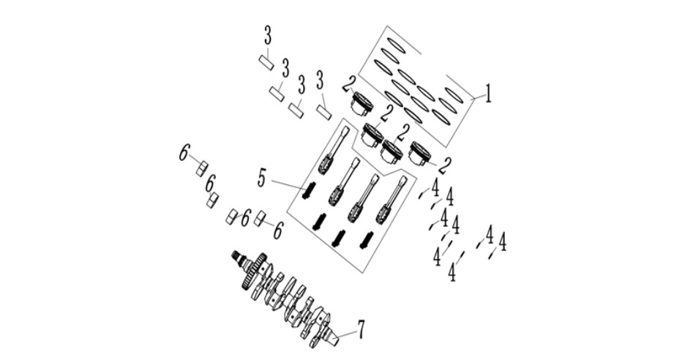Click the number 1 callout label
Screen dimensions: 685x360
(x=488, y=94)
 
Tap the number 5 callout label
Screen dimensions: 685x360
(x=262, y=179)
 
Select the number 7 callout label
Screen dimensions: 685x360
(x=361, y=329)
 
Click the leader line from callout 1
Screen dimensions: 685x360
(x=478, y=99)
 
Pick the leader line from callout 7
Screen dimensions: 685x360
(x=345, y=336)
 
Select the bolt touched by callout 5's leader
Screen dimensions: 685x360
(x=308, y=192)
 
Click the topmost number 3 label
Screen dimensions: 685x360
(x=267, y=37)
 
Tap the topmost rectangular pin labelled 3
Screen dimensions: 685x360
(x=266, y=62)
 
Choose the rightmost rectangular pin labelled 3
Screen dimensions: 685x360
(x=324, y=113)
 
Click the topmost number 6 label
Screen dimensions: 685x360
(x=184, y=154)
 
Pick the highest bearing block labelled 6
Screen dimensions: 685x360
(x=201, y=168)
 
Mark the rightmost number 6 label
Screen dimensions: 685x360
(x=278, y=230)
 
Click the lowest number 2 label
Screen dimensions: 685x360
(x=445, y=165)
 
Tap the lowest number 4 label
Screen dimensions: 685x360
(x=452, y=272)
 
